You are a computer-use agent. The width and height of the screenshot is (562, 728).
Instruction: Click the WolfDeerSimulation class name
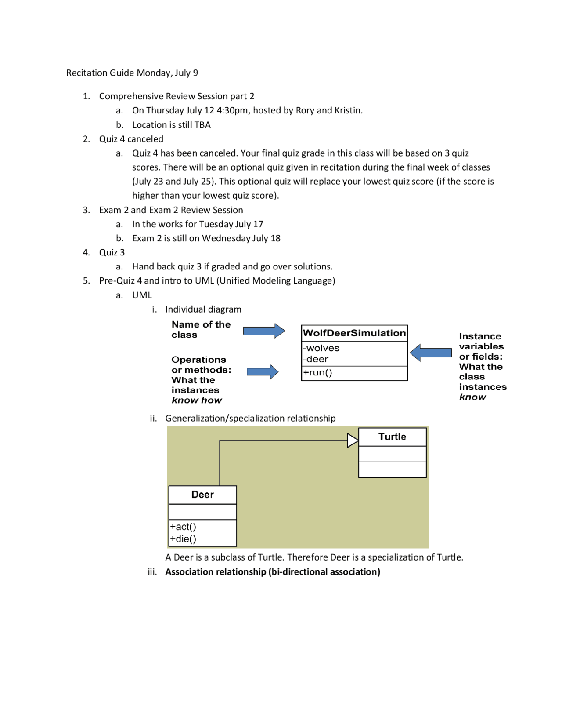(354, 333)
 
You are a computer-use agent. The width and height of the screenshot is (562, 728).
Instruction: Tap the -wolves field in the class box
(321, 348)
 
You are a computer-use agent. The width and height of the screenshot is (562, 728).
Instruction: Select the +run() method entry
(318, 372)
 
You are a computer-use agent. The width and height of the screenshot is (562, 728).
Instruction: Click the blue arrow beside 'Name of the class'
(264, 331)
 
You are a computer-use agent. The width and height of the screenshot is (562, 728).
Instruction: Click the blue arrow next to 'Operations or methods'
(262, 372)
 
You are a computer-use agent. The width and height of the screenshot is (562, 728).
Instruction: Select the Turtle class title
(392, 437)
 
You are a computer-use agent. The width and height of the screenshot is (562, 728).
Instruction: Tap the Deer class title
(202, 495)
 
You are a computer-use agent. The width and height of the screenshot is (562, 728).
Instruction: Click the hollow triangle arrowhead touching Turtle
(353, 440)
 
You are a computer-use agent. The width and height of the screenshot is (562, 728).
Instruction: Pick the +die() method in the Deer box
(183, 539)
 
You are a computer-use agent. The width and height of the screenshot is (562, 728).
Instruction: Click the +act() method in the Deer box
(183, 527)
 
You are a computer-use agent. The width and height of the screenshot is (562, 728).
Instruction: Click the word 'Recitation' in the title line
(86, 73)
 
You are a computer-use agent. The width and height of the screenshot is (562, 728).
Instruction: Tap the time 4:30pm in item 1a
(232, 110)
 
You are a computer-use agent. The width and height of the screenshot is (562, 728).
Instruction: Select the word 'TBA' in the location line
(202, 125)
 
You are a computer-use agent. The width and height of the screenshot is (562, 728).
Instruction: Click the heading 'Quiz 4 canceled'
(131, 139)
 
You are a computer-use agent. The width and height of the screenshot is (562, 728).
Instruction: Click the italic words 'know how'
(197, 400)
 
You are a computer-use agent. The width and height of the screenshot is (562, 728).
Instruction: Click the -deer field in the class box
(316, 359)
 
